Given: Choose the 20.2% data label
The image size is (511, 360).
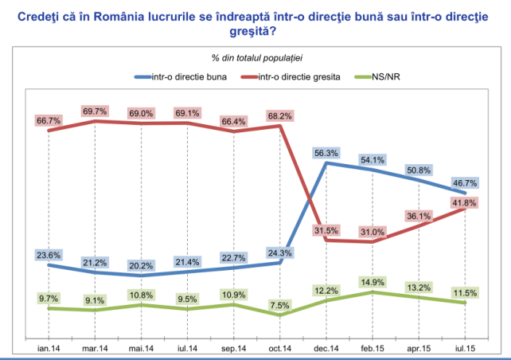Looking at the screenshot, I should point(142,265).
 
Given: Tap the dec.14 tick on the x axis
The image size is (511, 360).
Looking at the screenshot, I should point(327,349).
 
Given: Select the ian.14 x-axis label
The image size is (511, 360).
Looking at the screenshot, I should point(49,349).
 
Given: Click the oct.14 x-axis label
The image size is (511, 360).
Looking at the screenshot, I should point(281,349).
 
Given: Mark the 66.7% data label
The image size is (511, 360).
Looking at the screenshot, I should point(49,119).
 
